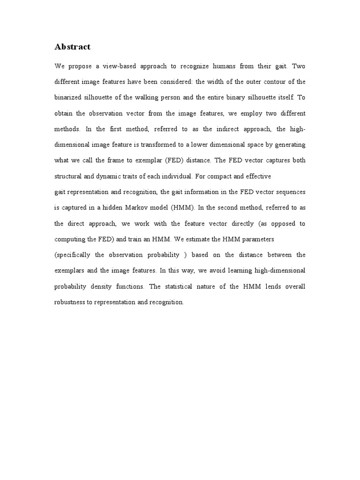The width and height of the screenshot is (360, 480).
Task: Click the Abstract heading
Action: point(72,46)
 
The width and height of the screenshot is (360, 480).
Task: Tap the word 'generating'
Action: point(290,145)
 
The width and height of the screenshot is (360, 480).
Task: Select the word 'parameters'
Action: point(257,239)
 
